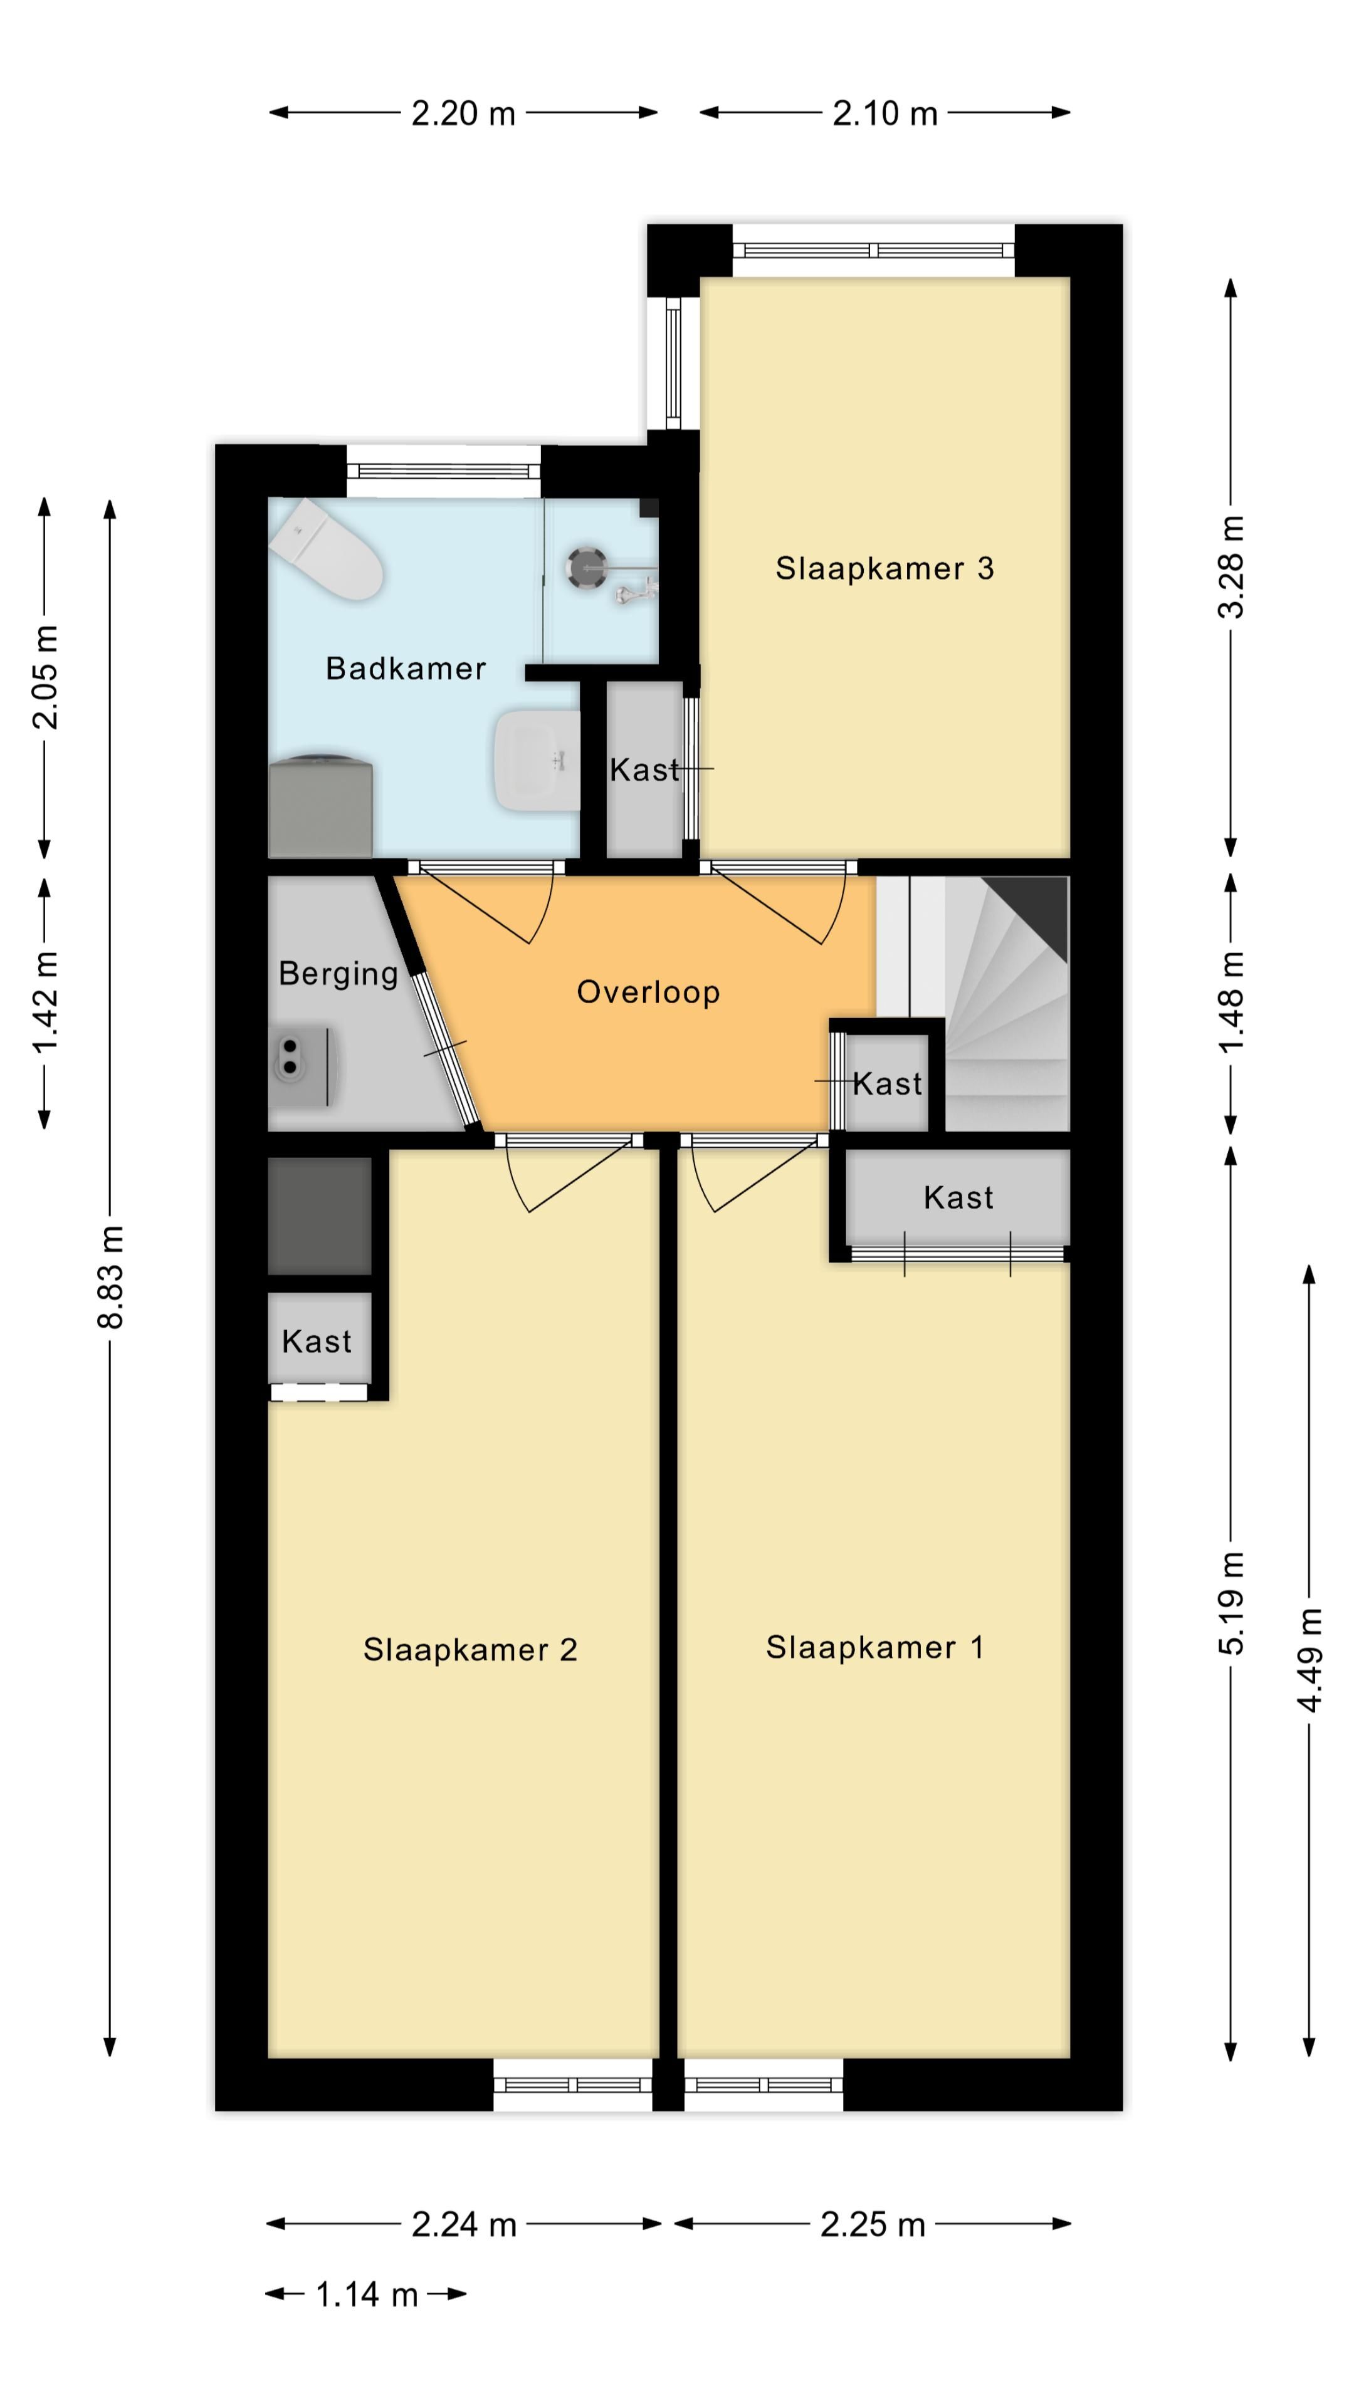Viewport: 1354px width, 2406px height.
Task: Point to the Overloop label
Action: [x=648, y=992]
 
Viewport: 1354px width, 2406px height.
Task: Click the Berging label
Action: [x=338, y=973]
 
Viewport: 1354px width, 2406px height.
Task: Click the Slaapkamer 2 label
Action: [x=470, y=1650]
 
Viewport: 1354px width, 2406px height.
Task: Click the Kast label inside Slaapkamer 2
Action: [x=317, y=1342]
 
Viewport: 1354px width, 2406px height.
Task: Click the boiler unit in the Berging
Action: [x=301, y=1066]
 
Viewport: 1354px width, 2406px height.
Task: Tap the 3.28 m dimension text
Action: [x=1232, y=567]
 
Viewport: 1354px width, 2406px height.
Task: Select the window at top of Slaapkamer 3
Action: [x=873, y=251]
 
